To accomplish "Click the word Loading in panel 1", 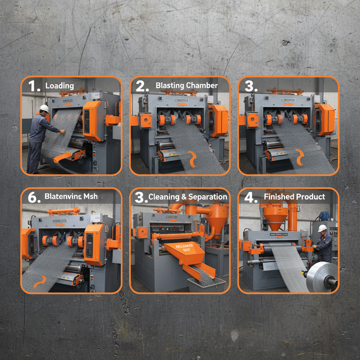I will pos(59,86).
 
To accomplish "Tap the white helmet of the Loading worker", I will pos(44,108).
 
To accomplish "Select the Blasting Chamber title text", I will pos(187,85).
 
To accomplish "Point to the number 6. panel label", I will pos(34,197).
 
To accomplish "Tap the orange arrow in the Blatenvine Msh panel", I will pos(39,282).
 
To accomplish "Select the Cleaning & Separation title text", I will pos(188,197).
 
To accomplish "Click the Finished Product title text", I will pos(294,197).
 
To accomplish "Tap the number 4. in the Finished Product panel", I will pos(251,197).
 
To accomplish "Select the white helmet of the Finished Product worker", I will pos(322,228).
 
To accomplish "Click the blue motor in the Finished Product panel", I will pos(323,216).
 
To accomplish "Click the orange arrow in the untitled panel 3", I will pos(300,157).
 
